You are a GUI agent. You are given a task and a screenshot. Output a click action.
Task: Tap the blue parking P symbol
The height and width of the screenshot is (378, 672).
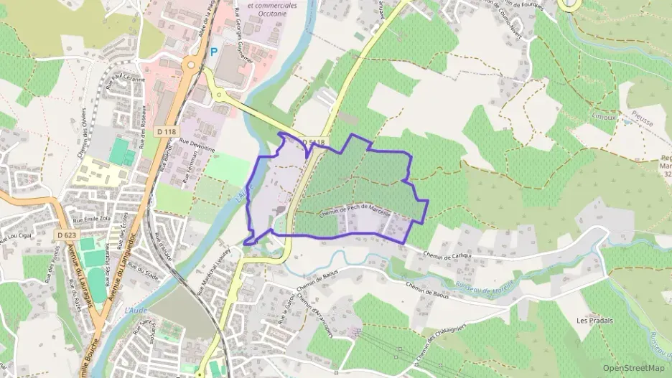pos(214,52)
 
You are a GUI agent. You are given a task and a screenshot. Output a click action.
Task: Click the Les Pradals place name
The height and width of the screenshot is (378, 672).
pos(594,320)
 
